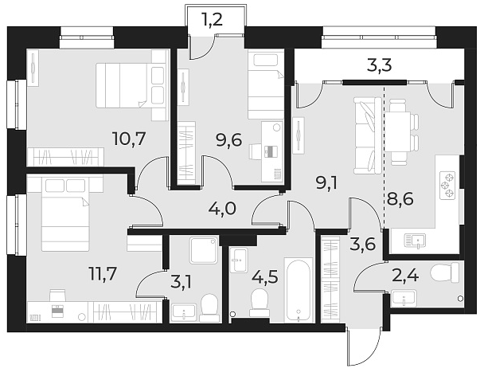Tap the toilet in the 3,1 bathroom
tap(209, 306)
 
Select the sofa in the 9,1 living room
tap(365, 132)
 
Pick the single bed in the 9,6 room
tap(265, 84)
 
